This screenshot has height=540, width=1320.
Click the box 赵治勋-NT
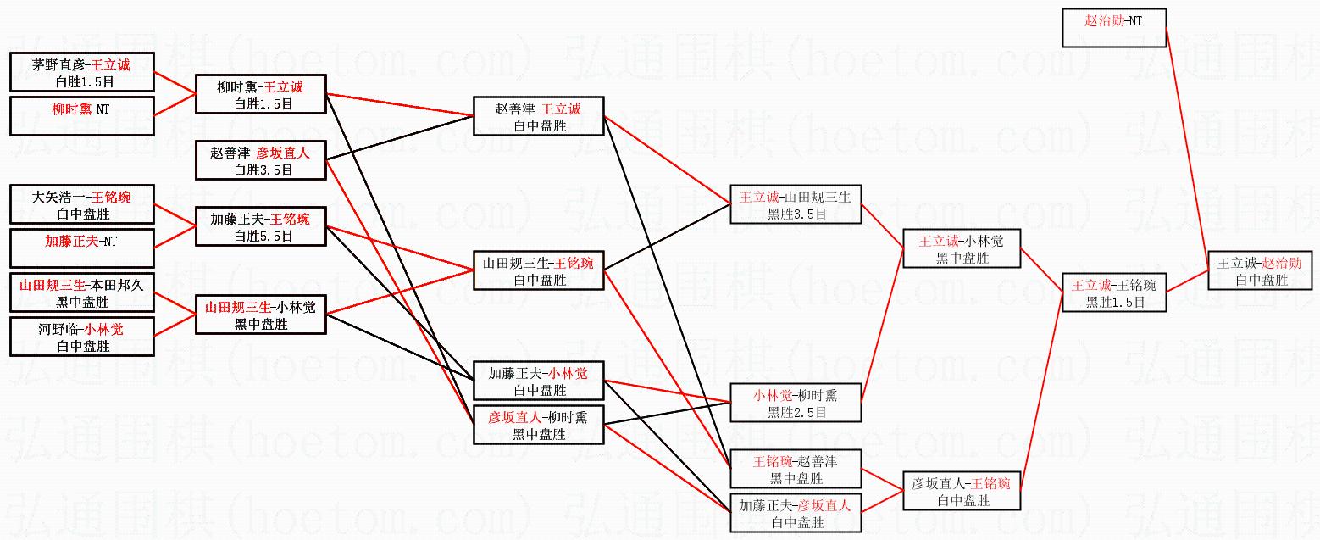[1113, 28]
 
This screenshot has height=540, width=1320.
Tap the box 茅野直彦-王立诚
[82, 72]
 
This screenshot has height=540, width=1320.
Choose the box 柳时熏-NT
[82, 115]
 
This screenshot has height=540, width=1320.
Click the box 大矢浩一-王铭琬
[82, 205]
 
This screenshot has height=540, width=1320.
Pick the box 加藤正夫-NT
[82, 248]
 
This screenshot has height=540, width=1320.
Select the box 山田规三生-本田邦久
[82, 292]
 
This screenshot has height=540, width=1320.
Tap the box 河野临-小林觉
[82, 337]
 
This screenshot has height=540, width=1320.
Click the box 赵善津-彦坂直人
[260, 160]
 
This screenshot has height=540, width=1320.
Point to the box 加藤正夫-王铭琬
[260, 227]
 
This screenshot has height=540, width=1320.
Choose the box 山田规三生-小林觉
[260, 315]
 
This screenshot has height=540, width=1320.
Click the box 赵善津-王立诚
[538, 116]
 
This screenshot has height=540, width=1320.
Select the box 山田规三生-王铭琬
[538, 270]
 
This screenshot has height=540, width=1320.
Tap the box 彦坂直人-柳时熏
[538, 425]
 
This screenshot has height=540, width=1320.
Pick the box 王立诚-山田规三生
[796, 204]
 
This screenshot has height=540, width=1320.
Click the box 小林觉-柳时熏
[796, 403]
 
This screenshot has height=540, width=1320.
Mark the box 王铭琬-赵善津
[796, 469]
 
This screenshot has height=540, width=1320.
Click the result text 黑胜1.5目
[1115, 302]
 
